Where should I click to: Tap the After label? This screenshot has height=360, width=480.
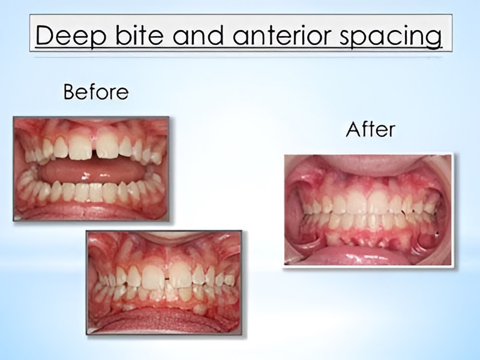pyautogui.click(x=371, y=129)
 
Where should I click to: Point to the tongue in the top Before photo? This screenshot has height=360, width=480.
pyautogui.click(x=92, y=173)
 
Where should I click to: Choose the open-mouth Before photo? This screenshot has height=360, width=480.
pyautogui.click(x=91, y=168)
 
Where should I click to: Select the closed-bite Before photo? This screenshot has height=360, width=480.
pyautogui.click(x=164, y=283)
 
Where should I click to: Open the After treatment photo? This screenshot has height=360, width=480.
pyautogui.click(x=368, y=210)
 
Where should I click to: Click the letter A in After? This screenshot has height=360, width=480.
pyautogui.click(x=353, y=130)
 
